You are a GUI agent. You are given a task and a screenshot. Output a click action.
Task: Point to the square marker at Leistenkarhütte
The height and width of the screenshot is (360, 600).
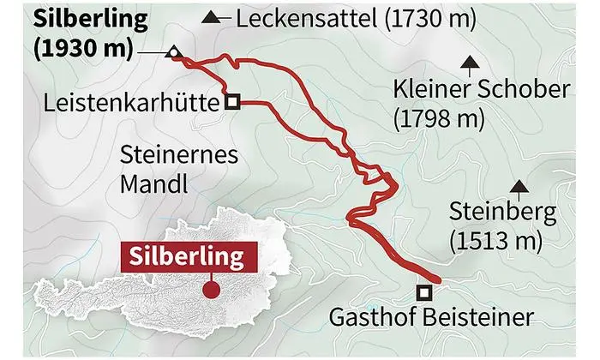pos(232,101)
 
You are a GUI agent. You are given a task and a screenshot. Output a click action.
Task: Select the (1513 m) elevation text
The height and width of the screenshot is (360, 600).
pos(495,241)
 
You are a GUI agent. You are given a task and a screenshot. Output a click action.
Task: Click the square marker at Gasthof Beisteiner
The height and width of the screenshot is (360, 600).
pos(423,290)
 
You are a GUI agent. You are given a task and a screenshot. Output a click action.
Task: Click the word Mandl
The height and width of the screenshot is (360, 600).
pos(153,183)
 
